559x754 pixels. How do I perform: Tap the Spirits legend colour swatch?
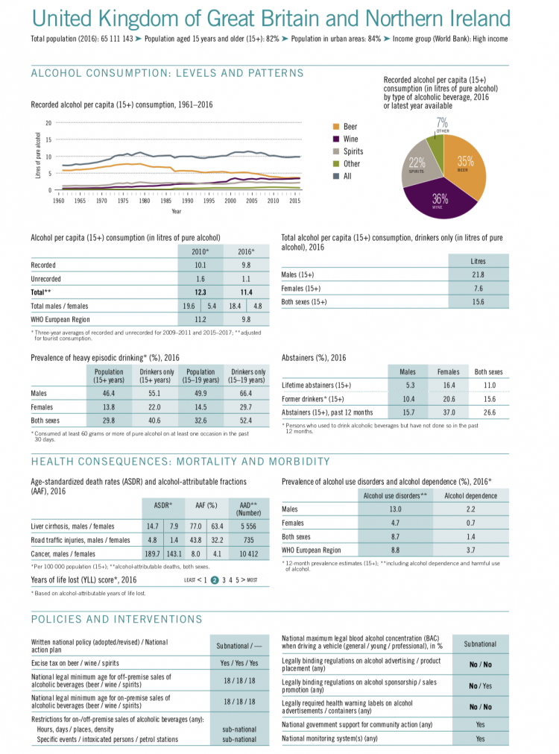pyautogui.click(x=336, y=151)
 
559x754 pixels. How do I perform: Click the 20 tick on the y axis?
pyautogui.click(x=48, y=123)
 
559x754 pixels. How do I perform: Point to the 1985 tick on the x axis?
pyautogui.click(x=165, y=201)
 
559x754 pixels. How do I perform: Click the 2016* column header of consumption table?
pyautogui.click(x=247, y=251)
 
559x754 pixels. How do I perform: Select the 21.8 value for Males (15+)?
pyautogui.click(x=479, y=275)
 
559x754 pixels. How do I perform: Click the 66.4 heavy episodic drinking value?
pyautogui.click(x=248, y=393)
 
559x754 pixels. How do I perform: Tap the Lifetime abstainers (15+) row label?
pyautogui.click(x=316, y=386)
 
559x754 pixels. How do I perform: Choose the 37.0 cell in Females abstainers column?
pyautogui.click(x=448, y=412)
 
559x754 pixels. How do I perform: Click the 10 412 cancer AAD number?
pyautogui.click(x=245, y=553)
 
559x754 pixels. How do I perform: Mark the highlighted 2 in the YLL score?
pyautogui.click(x=214, y=579)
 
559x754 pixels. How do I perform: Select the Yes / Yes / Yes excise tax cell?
pyautogui.click(x=239, y=662)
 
